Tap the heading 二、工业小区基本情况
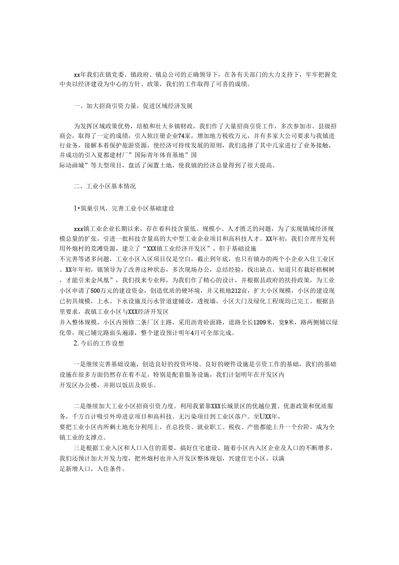[105, 186]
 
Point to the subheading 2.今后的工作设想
[99, 343]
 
